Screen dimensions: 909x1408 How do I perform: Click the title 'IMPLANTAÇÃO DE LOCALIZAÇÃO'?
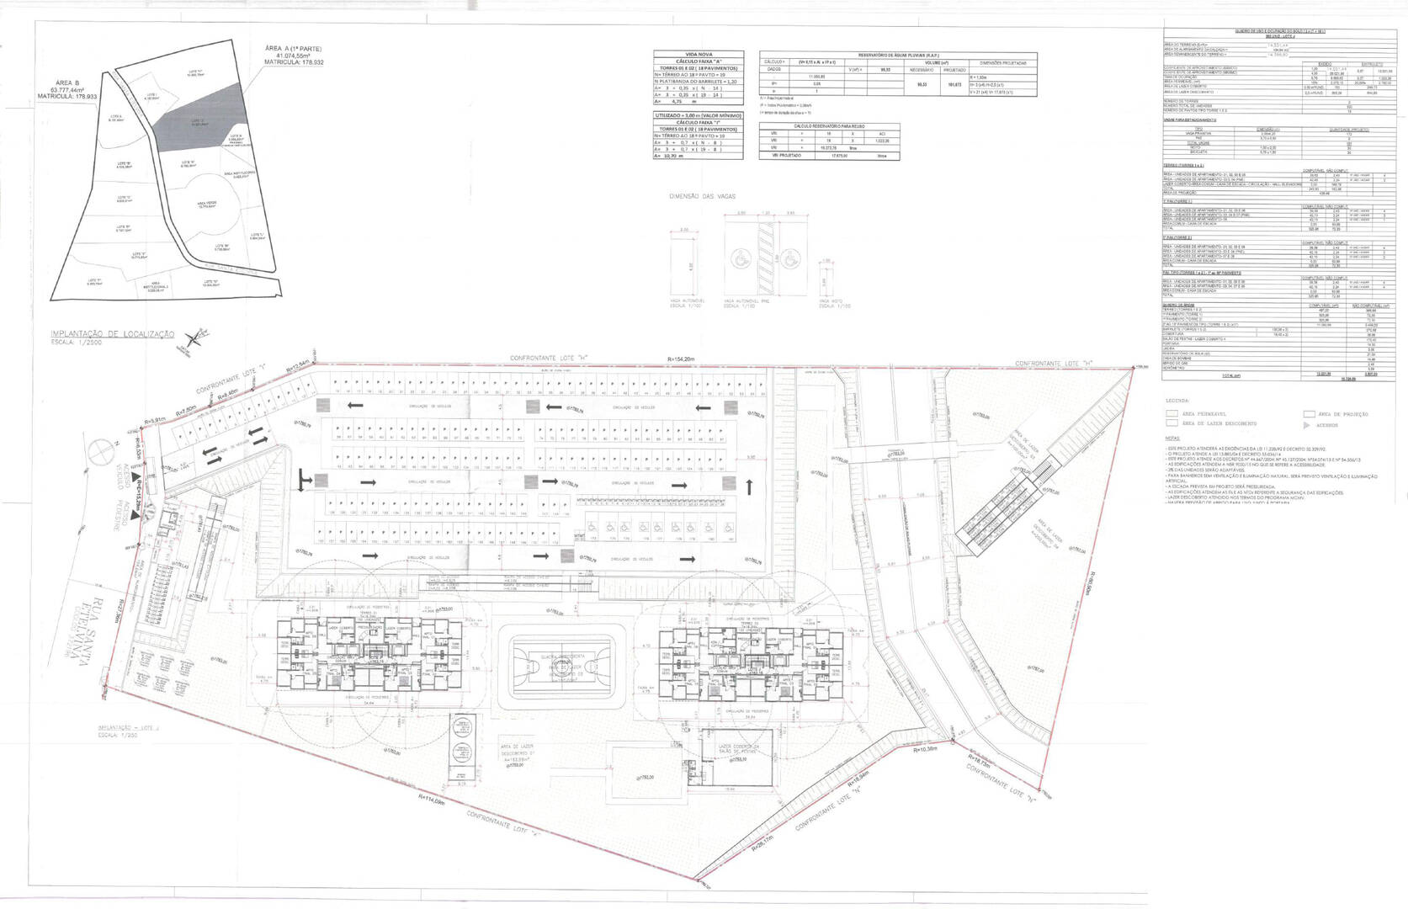click(x=112, y=334)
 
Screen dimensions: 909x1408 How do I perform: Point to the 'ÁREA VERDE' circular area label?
click(x=207, y=204)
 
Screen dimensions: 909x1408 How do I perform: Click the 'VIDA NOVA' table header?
click(x=698, y=54)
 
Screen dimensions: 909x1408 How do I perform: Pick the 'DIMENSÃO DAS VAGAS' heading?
click(x=701, y=196)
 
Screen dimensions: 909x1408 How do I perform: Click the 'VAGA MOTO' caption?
click(x=827, y=301)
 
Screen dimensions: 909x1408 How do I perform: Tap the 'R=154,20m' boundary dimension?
click(x=681, y=359)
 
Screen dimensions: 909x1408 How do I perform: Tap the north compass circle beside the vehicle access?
click(x=100, y=452)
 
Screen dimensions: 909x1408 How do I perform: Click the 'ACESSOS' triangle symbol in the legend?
click(x=1307, y=425)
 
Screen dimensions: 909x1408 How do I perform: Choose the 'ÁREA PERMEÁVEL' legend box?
click(x=1171, y=414)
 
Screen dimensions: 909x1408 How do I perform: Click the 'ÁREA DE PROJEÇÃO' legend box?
click(x=1309, y=414)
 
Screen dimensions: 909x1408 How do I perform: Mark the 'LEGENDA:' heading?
click(x=1178, y=401)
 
